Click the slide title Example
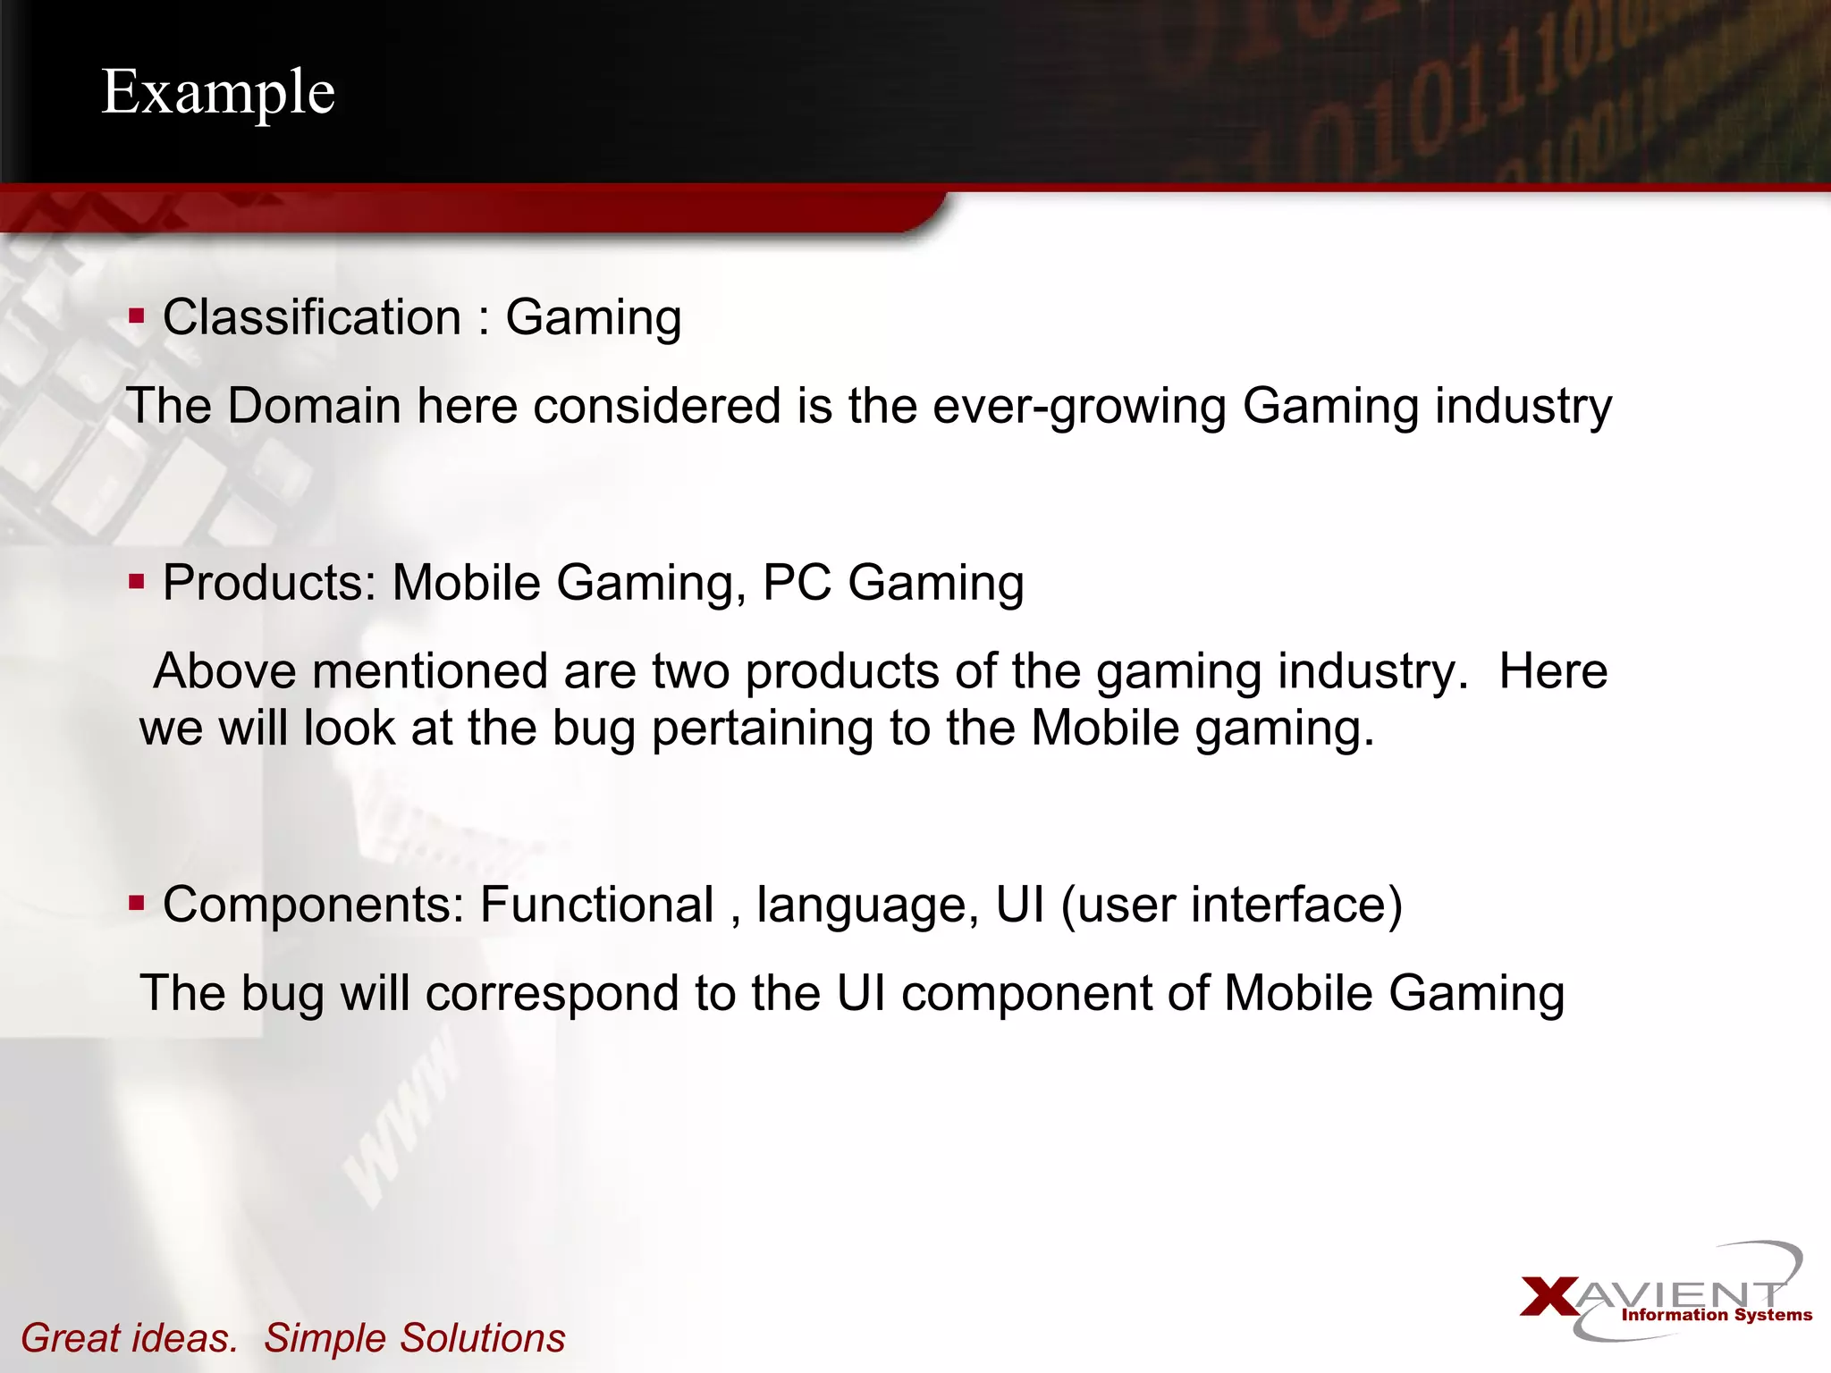coord(218,92)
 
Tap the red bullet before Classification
coord(136,316)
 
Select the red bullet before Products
coord(136,582)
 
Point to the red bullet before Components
coord(136,903)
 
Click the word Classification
coord(312,317)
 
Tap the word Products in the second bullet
coord(269,583)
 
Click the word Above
coord(224,671)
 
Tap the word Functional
coord(596,904)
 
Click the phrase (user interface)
coord(1231,905)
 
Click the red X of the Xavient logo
coord(1549,1297)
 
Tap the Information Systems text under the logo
coord(1717,1315)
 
